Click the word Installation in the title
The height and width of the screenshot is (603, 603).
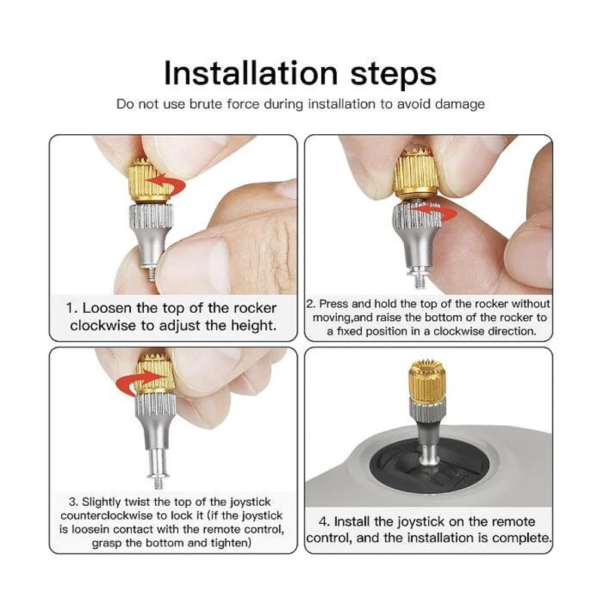pyautogui.click(x=251, y=72)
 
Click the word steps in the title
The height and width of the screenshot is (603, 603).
pyautogui.click(x=393, y=75)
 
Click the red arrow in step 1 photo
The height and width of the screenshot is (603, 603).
pyautogui.click(x=166, y=185)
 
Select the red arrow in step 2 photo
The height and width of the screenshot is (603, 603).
pyautogui.click(x=436, y=213)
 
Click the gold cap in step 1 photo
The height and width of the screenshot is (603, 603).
pyautogui.click(x=148, y=180)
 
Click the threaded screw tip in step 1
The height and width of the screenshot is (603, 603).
pyautogui.click(x=152, y=274)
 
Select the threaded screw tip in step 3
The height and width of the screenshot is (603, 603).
pyautogui.click(x=158, y=482)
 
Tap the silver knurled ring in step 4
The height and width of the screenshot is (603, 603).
pyautogui.click(x=427, y=410)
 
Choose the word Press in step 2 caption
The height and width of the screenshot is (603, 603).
pyautogui.click(x=334, y=304)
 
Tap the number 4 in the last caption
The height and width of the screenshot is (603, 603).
pyautogui.click(x=324, y=522)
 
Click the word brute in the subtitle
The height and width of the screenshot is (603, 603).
pyautogui.click(x=205, y=104)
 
